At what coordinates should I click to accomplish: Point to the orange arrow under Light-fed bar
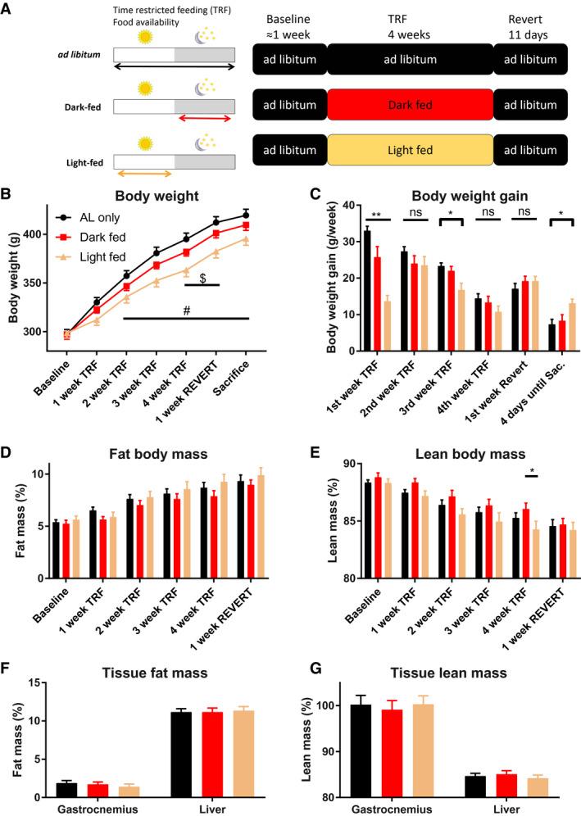pos(143,173)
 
